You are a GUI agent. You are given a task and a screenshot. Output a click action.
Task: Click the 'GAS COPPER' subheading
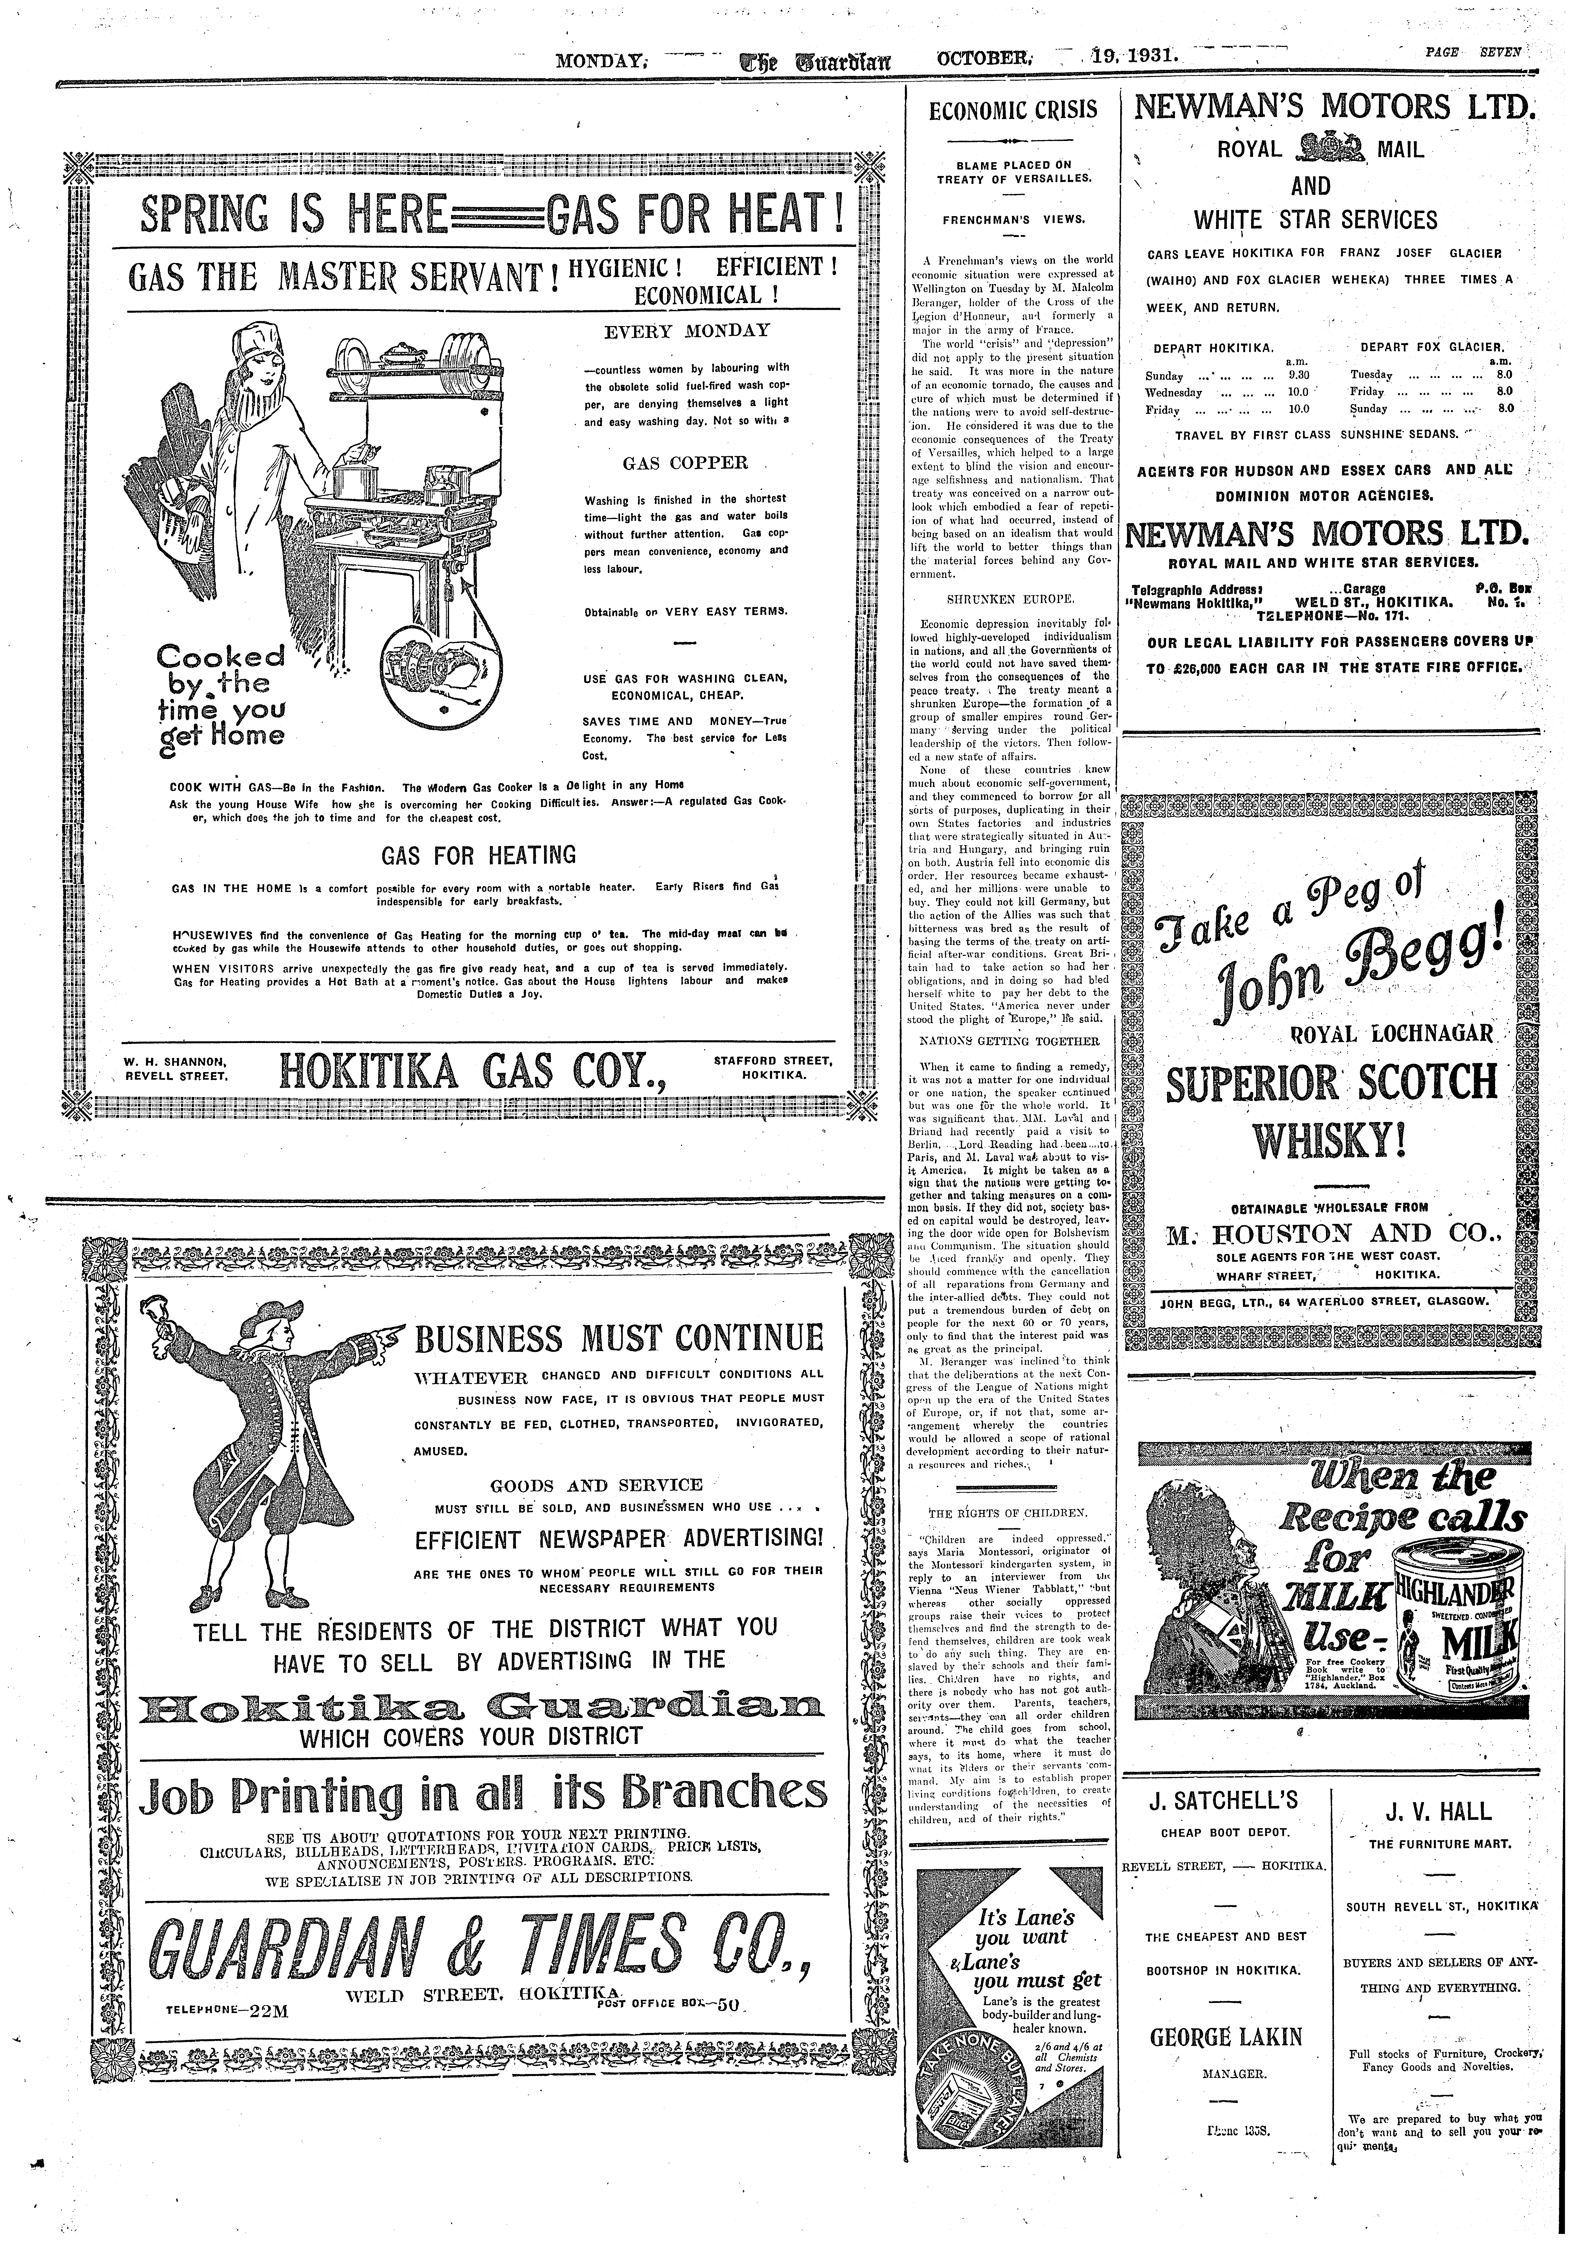685,463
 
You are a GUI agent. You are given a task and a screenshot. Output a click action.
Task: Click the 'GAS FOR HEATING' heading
479,855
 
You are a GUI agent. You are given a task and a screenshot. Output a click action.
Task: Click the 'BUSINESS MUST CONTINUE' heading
619,1337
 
